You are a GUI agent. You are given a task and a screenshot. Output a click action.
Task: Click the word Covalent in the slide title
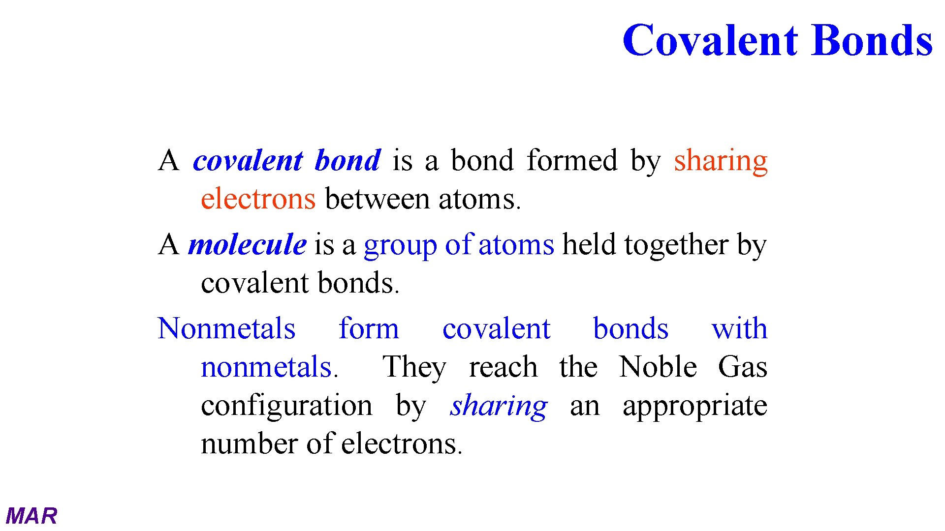pyautogui.click(x=710, y=40)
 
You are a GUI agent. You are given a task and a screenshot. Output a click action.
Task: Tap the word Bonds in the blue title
pyautogui.click(x=872, y=40)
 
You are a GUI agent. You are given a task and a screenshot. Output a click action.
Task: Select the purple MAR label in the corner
pyautogui.click(x=31, y=516)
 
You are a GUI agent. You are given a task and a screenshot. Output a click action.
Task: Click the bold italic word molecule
pyautogui.click(x=247, y=245)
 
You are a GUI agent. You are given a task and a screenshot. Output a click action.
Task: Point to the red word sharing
pyautogui.click(x=721, y=161)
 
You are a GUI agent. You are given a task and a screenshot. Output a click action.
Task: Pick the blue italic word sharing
pyautogui.click(x=498, y=406)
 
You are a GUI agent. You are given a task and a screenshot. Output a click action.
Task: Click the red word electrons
pyautogui.click(x=258, y=200)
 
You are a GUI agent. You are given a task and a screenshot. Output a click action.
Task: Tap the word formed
pyautogui.click(x=572, y=160)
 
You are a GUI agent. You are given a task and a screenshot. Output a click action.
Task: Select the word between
pyautogui.click(x=377, y=200)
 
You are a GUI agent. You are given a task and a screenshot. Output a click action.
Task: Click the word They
pyautogui.click(x=414, y=368)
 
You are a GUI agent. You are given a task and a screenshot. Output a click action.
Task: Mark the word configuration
pyautogui.click(x=286, y=406)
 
